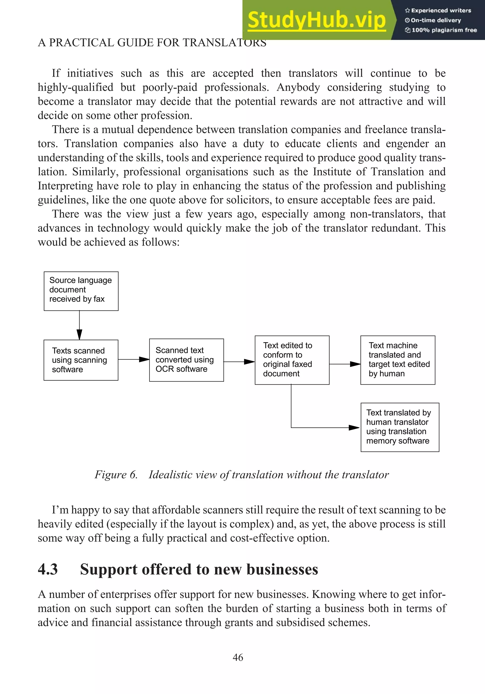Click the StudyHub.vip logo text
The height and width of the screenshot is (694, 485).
[x=316, y=20]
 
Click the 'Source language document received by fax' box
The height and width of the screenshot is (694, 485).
[x=81, y=291]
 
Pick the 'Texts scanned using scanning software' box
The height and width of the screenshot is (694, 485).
[x=81, y=360]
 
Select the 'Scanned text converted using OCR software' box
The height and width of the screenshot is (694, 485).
[x=186, y=360]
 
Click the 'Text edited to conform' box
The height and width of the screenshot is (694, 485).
[x=292, y=360]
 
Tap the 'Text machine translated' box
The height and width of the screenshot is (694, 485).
[x=398, y=360]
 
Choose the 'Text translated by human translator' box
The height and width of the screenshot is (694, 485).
[x=400, y=427]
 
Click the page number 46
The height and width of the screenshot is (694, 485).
[x=238, y=657]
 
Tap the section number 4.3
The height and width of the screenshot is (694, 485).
[x=48, y=570]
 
